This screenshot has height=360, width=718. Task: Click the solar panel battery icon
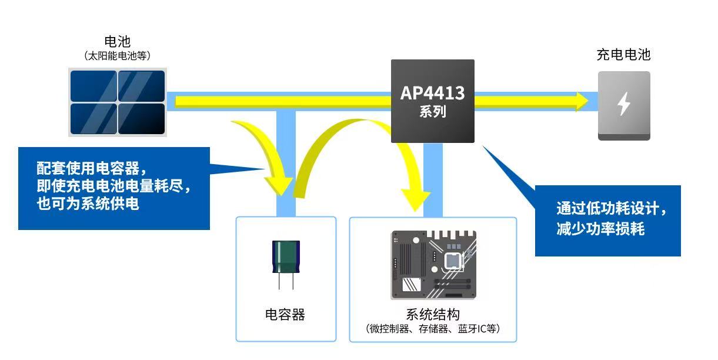click(118, 102)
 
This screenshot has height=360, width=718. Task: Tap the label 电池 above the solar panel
click(117, 42)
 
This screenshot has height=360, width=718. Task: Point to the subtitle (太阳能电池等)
click(118, 56)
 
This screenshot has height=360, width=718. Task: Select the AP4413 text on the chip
click(432, 93)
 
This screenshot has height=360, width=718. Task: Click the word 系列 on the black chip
click(432, 112)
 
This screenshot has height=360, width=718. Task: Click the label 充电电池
click(623, 55)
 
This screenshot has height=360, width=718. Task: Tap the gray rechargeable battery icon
click(624, 106)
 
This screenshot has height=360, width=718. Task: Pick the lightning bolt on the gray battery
click(624, 104)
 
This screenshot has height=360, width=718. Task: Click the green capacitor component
click(285, 256)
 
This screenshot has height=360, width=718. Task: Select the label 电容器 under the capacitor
click(285, 315)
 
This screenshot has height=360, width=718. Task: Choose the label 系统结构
click(433, 314)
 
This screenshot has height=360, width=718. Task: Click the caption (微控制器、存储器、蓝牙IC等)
click(433, 328)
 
